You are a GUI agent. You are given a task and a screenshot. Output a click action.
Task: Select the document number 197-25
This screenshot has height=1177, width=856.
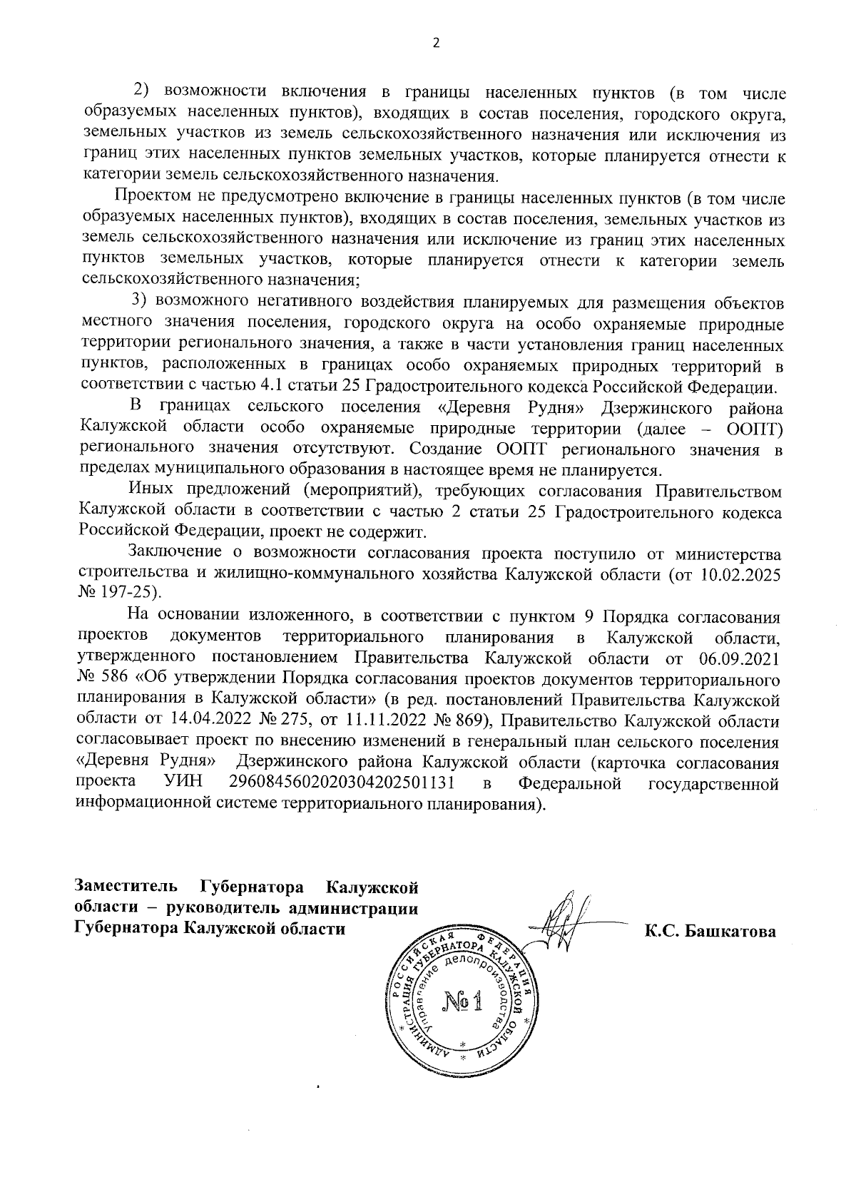click(x=133, y=593)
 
